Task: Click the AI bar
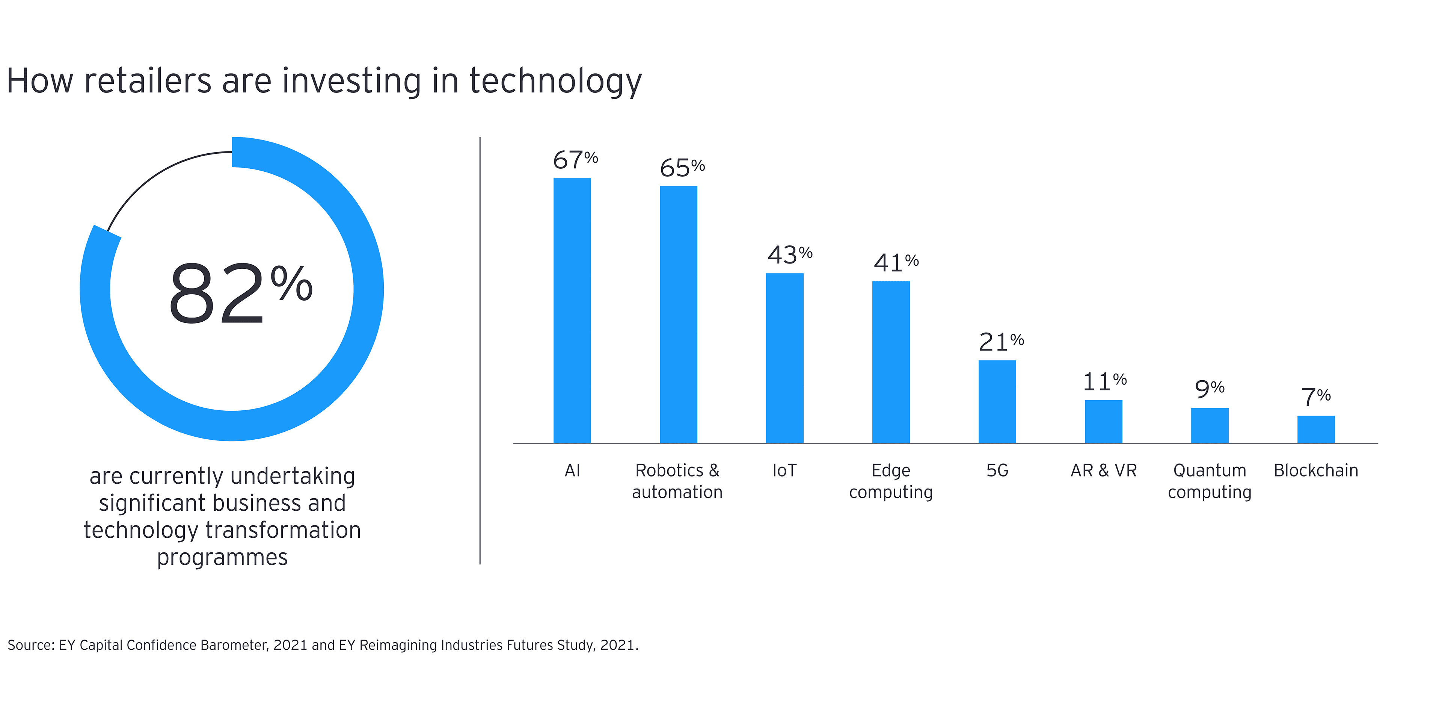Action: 572,311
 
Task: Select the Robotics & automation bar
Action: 679,315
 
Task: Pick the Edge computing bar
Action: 891,362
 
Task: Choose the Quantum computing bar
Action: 1210,426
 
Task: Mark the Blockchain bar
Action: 1316,430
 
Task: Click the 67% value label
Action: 575,160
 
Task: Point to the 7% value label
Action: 1315,397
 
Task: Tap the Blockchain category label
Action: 1316,470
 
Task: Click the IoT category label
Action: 784,470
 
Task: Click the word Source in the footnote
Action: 30,645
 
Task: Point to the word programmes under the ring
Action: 222,558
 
